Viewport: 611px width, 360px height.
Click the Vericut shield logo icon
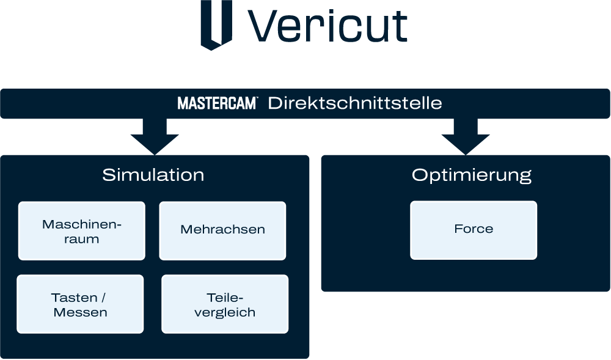pyautogui.click(x=216, y=25)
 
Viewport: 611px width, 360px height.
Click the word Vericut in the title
pyautogui.click(x=327, y=26)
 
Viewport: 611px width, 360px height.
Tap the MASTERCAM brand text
pyautogui.click(x=217, y=103)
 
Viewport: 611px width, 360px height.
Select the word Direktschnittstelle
pyautogui.click(x=355, y=103)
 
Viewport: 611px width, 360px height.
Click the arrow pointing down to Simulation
pyautogui.click(x=155, y=136)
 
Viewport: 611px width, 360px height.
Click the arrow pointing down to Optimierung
pyautogui.click(x=466, y=136)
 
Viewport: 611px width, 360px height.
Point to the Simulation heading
pyautogui.click(x=153, y=175)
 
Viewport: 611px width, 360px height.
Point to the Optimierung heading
pyautogui.click(x=472, y=175)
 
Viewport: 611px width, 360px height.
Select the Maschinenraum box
pyautogui.click(x=82, y=230)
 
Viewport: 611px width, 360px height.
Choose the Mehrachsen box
pyautogui.click(x=222, y=230)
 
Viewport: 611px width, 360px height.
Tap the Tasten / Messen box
pyautogui.click(x=80, y=304)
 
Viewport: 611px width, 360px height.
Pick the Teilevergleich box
pyautogui.click(x=225, y=304)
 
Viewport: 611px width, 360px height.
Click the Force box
pyautogui.click(x=474, y=230)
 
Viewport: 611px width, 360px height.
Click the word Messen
pyautogui.click(x=80, y=312)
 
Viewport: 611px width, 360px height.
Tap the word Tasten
pyautogui.click(x=74, y=298)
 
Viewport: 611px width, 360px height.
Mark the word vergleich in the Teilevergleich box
pyautogui.click(x=225, y=312)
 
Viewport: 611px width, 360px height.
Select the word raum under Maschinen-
pyautogui.click(x=81, y=239)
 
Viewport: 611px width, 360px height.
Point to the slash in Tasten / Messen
pyautogui.click(x=103, y=298)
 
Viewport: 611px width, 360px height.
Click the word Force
pyautogui.click(x=474, y=229)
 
